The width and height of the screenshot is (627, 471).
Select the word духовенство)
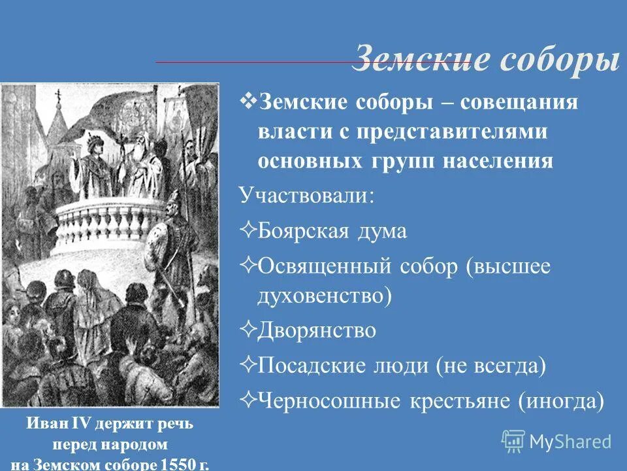325,296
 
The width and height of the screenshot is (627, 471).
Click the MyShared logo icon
513,442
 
